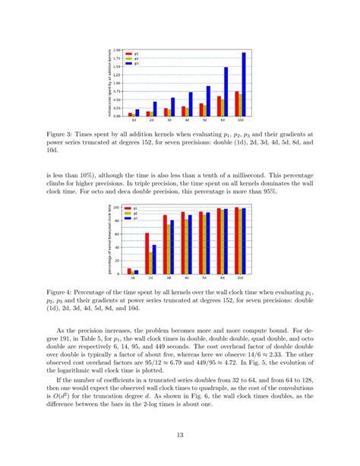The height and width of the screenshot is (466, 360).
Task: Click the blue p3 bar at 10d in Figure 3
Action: point(243,84)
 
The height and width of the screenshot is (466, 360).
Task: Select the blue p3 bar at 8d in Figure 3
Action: point(226,92)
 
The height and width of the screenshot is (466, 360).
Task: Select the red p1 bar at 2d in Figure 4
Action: point(147,253)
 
